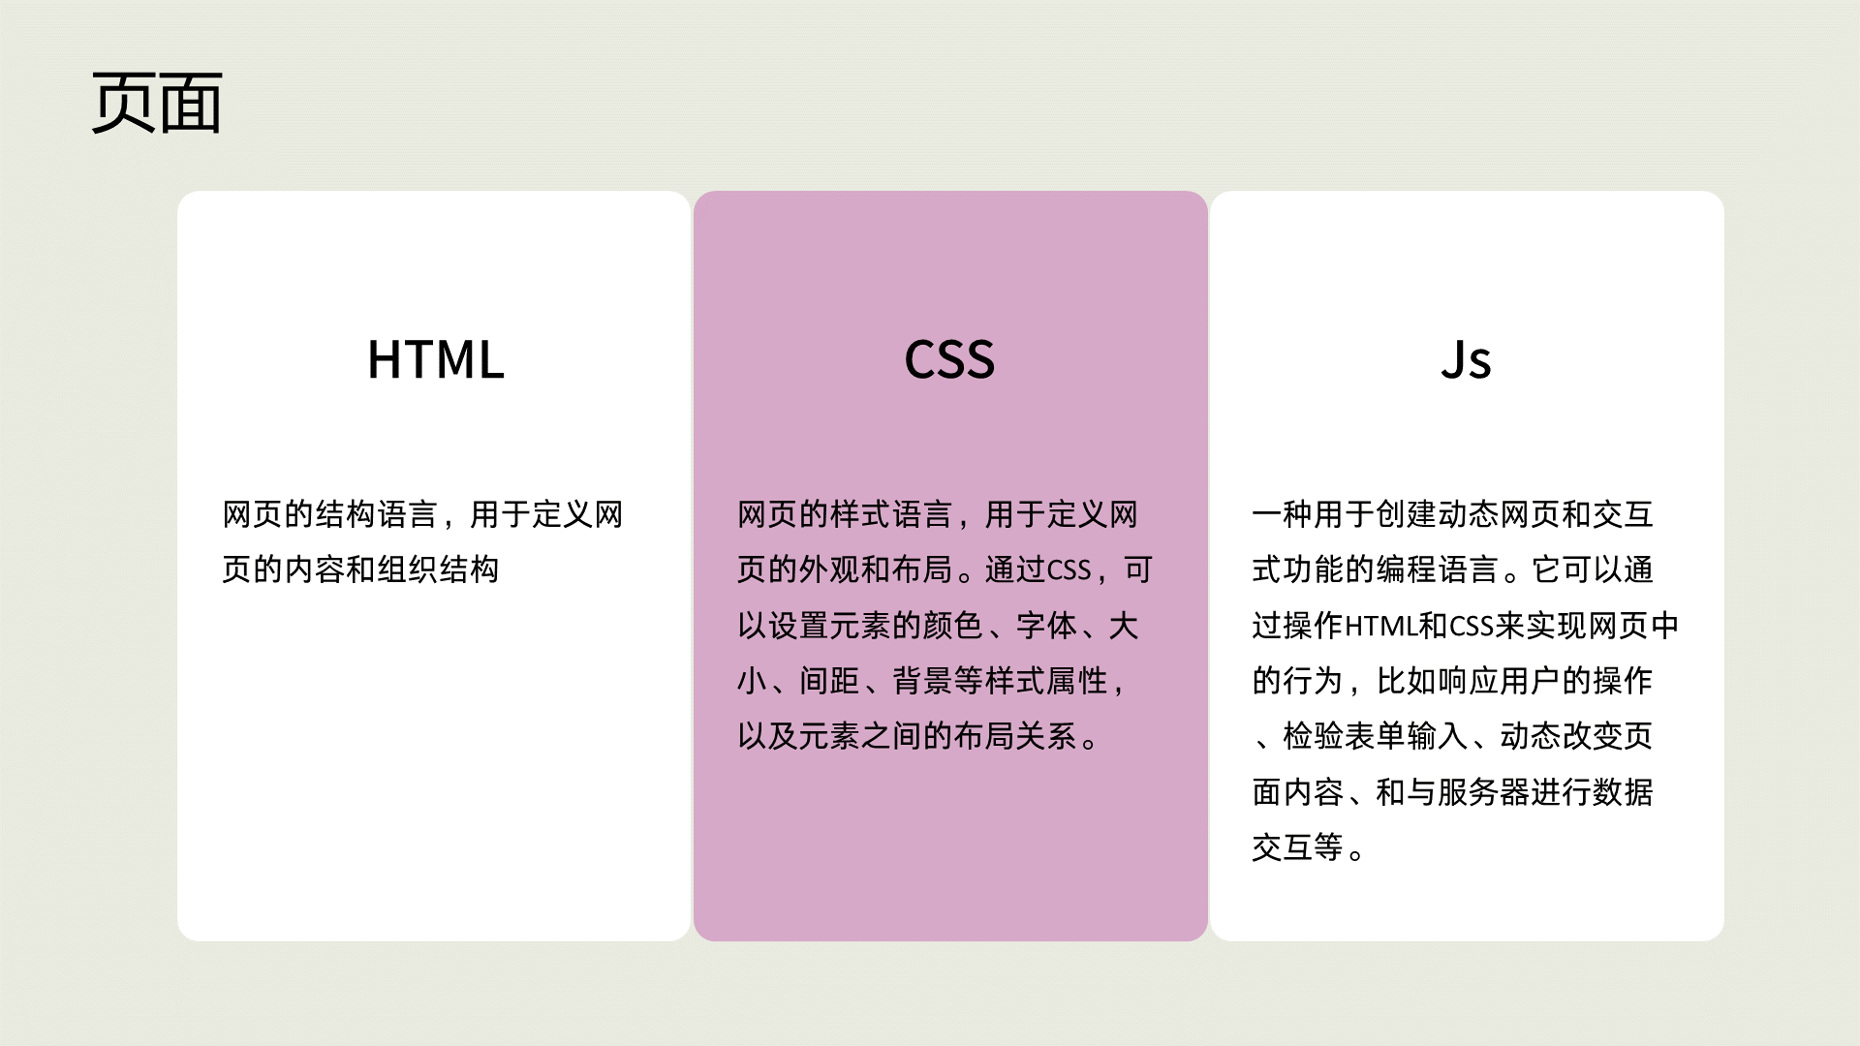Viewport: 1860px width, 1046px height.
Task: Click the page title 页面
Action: click(157, 103)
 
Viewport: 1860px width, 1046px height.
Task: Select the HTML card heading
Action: click(436, 359)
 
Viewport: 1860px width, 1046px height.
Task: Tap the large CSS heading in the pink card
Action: click(949, 359)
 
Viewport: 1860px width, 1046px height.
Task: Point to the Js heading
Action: click(1466, 359)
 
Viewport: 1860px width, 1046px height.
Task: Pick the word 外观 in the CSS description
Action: click(829, 569)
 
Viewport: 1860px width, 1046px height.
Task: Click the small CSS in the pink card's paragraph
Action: click(1069, 570)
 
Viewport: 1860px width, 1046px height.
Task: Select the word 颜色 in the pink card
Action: click(953, 626)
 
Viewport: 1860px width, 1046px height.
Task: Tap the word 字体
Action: click(1046, 626)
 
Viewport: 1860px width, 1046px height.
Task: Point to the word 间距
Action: click(829, 681)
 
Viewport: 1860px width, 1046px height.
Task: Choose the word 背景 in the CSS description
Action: click(922, 681)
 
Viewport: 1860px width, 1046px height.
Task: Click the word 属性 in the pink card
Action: click(1077, 681)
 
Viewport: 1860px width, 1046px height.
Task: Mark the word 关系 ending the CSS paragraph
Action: click(1046, 737)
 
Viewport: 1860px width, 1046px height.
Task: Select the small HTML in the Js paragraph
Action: click(1381, 627)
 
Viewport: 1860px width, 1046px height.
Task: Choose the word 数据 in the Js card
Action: click(1623, 792)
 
